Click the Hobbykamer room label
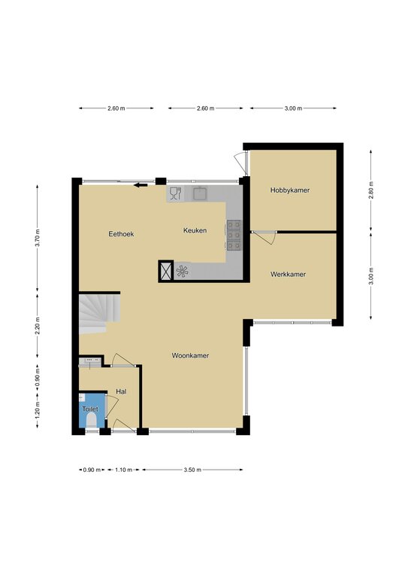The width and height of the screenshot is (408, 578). (290, 190)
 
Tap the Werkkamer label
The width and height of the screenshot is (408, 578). (288, 274)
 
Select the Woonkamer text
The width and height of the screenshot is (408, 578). (190, 356)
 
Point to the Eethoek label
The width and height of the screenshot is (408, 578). (121, 234)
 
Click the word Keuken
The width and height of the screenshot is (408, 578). (195, 230)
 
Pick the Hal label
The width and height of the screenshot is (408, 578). (121, 391)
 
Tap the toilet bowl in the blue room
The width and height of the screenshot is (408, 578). (91, 420)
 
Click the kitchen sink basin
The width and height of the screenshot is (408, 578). (201, 193)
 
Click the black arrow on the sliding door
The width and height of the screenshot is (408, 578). (141, 185)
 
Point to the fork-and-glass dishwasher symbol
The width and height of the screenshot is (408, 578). (176, 193)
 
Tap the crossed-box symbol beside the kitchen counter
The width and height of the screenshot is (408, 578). (165, 271)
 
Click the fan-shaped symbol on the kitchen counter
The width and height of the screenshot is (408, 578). (182, 271)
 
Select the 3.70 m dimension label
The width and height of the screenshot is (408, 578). (37, 237)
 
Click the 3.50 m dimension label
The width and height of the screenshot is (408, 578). (192, 470)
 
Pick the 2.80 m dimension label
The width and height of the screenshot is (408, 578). (371, 190)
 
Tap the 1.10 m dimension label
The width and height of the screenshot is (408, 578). (124, 470)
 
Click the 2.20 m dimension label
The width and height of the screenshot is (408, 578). (37, 326)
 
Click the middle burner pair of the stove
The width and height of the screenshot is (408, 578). (234, 235)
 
